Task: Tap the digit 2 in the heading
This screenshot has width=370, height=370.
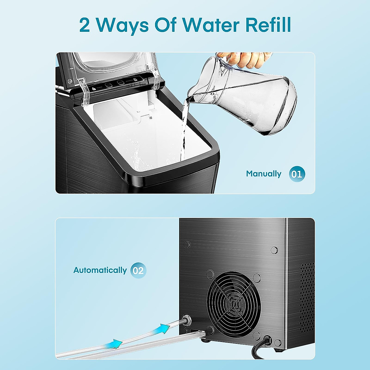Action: coord(85,25)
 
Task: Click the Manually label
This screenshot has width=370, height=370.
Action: coord(264,174)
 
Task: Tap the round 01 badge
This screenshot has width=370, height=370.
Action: coord(297,174)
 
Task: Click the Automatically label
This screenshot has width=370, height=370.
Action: coord(100,270)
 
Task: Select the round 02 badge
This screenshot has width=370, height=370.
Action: coord(138,270)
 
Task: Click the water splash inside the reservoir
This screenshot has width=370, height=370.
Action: coord(135,151)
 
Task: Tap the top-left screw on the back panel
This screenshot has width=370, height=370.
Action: coord(187,245)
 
